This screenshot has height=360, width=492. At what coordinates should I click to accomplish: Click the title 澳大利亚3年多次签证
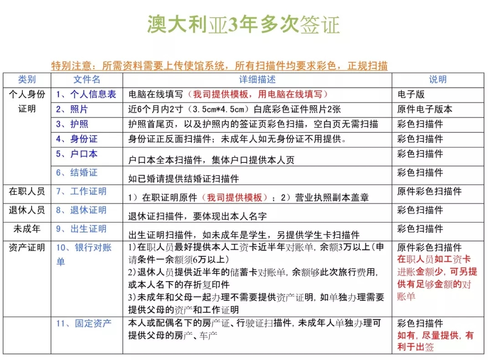243,25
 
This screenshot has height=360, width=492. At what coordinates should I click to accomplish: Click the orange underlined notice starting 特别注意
220,66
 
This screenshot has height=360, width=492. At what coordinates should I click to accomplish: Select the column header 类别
27,80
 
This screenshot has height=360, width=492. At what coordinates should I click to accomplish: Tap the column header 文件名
87,80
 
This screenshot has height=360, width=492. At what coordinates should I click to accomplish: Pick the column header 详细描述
257,80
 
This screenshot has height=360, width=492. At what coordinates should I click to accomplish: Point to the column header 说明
438,80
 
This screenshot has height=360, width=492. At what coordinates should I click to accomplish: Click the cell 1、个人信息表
86,95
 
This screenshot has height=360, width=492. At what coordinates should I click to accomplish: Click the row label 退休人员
27,210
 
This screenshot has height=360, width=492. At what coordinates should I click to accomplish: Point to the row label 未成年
27,229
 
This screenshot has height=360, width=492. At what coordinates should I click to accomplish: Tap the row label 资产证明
27,248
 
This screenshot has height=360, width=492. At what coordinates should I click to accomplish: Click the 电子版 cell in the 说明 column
411,95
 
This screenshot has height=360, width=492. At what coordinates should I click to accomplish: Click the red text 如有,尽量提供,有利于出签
435,341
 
